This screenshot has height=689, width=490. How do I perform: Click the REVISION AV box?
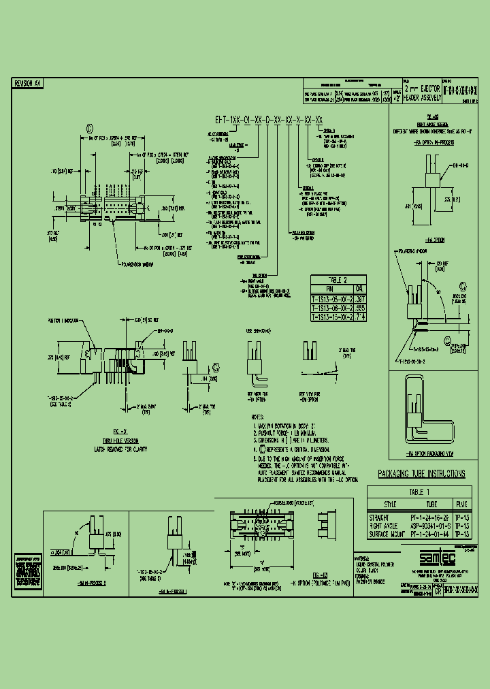pyautogui.click(x=29, y=83)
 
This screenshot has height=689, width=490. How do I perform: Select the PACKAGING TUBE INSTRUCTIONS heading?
pyautogui.click(x=421, y=474)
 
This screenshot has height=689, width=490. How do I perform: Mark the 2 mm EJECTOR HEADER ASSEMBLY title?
pyautogui.click(x=423, y=93)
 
